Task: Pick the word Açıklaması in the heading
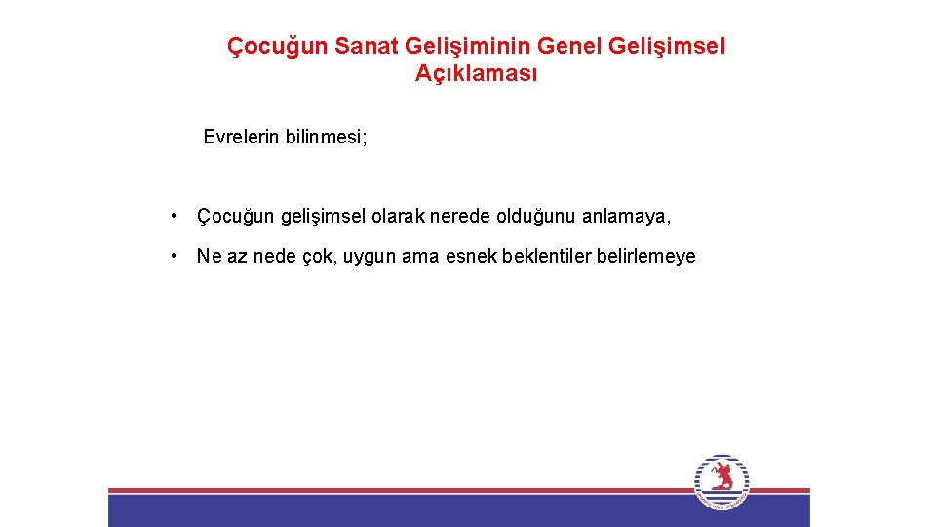pos(476,74)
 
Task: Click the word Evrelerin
pos(242,137)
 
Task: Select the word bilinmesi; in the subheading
pos(327,137)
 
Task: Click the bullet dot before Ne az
pos(172,256)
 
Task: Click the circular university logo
pos(721,481)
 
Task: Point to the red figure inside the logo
pos(721,476)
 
